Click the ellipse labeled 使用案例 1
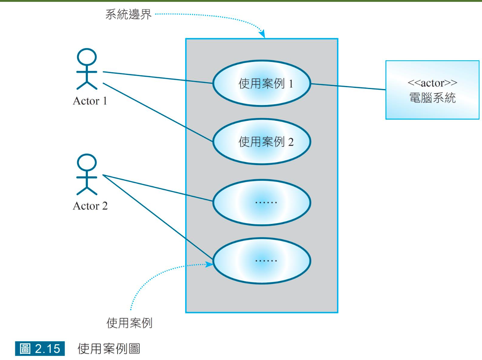pos(262,83)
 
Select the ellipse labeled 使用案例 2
pos(262,142)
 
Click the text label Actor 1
pos(90,101)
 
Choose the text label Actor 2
pos(90,206)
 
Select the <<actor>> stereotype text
pos(432,84)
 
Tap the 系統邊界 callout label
pos(128,15)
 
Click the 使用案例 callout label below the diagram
pos(129,323)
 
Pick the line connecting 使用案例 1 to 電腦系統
pos(348,87)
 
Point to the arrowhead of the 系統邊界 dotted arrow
pos(263,36)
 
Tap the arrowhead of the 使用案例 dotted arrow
pos(210,264)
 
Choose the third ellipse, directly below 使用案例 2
pos(262,201)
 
